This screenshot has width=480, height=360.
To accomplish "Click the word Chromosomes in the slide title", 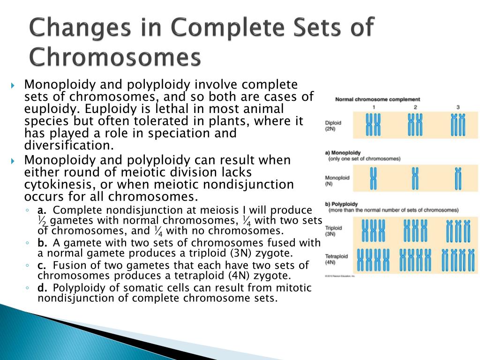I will point(114,58).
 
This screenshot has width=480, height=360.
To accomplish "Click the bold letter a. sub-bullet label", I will point(42,210).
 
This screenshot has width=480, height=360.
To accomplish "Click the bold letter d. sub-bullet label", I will point(42,287).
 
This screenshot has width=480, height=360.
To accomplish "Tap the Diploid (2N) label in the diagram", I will point(333,126).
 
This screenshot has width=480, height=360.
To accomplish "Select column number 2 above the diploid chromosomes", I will point(415,108).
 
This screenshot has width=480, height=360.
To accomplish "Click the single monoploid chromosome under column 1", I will point(374,179).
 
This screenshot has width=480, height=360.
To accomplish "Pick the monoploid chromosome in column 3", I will point(458,179).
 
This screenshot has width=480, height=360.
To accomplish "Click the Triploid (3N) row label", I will point(333,231).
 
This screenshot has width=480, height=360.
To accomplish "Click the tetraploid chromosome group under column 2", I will point(415,260).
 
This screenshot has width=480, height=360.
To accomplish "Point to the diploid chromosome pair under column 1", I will point(373,125).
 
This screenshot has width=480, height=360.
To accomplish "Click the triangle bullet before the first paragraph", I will point(13,86).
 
